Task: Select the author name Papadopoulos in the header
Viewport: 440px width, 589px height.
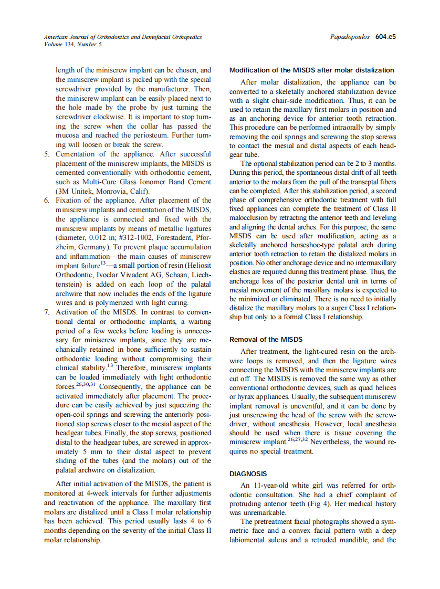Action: coord(350,37)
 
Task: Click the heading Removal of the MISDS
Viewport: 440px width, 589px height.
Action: coord(266,340)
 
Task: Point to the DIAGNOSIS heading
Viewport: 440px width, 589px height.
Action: coord(248,474)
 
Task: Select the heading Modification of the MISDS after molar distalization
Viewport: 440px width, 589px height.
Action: coord(312,70)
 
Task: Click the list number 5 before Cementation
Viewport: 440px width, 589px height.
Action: coord(46,154)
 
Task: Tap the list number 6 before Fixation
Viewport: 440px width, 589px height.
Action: coord(46,200)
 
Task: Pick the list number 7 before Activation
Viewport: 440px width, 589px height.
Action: coord(46,311)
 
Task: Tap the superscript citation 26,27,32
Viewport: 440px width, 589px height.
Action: coord(296,440)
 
